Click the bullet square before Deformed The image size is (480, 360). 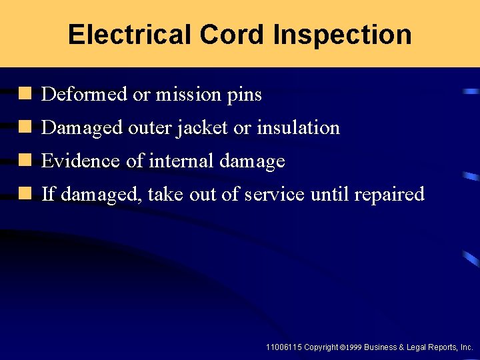[x=25, y=93]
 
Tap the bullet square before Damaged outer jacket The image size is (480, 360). [x=25, y=127]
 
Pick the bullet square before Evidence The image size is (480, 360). [x=25, y=160]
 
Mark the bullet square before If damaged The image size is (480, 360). [x=25, y=193]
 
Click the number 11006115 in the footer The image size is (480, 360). [x=283, y=347]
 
